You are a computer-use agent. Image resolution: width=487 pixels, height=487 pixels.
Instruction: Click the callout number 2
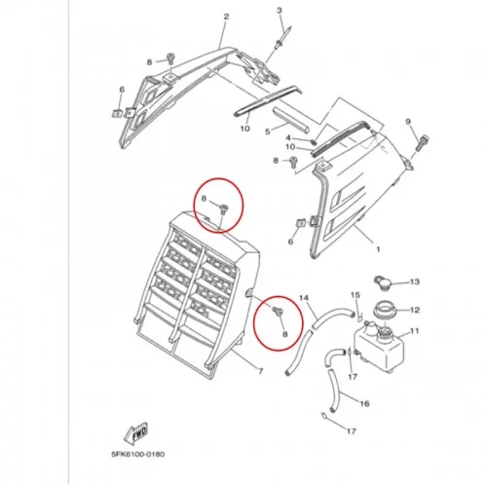226,17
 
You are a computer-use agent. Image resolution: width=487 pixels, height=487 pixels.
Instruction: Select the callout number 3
280,11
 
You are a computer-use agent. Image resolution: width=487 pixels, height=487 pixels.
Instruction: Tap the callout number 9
408,122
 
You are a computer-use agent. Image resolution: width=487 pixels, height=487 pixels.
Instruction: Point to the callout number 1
378,249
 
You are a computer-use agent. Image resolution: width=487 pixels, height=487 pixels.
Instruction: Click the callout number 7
260,371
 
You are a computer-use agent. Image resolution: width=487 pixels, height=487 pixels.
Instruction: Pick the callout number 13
415,281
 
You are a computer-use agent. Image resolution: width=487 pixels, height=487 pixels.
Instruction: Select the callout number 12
415,310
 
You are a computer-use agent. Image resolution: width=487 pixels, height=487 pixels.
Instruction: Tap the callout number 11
415,331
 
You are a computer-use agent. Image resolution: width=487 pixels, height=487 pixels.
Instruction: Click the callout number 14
304,297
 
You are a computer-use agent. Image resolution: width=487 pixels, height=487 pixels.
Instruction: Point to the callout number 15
356,295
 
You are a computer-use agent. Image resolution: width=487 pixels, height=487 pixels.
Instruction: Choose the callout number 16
364,403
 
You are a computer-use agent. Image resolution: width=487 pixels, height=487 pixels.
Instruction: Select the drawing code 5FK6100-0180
138,454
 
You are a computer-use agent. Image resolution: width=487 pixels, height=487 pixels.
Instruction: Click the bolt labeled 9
422,142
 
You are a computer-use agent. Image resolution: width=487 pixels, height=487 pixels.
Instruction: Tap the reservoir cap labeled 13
383,283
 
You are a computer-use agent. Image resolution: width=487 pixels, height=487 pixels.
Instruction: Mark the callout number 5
268,131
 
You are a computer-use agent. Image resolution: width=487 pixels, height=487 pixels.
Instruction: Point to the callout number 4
288,138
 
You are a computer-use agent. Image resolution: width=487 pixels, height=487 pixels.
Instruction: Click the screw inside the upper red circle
224,208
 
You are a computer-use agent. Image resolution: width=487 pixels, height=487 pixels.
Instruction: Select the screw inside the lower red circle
278,311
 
